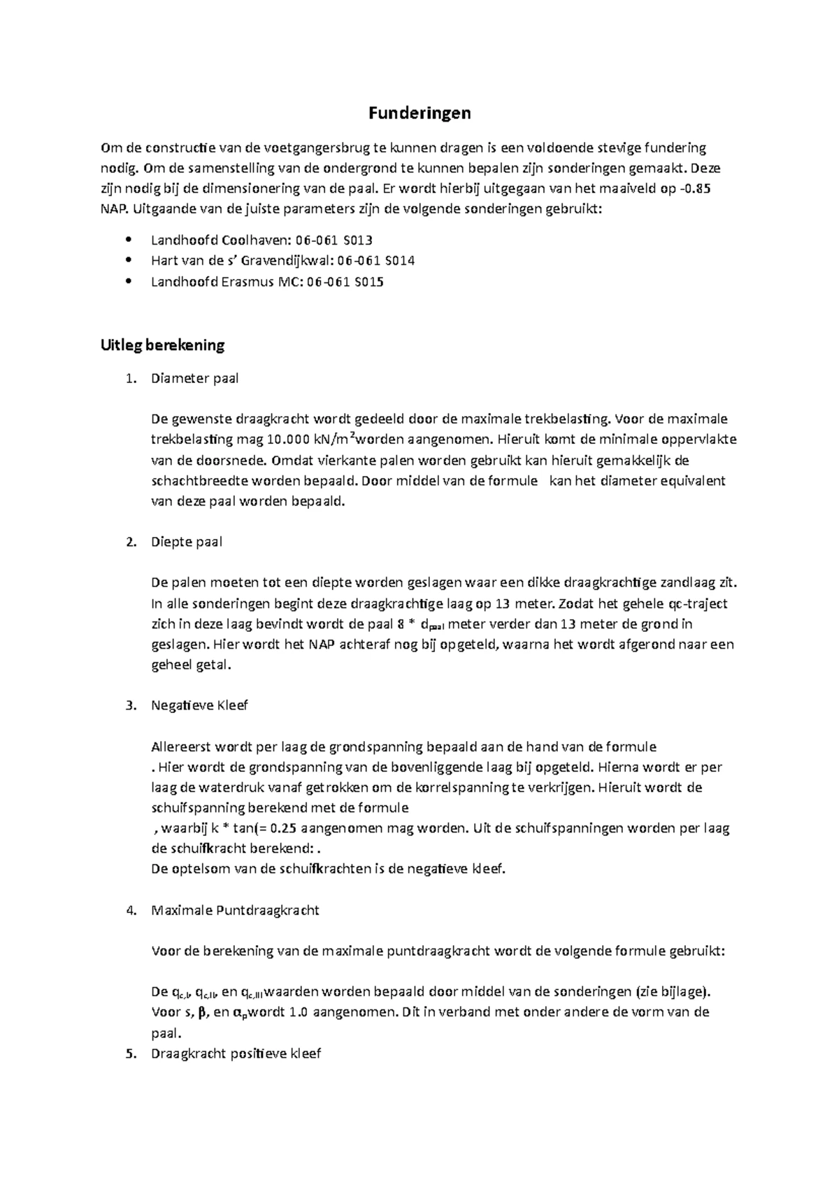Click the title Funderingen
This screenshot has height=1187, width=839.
(x=419, y=113)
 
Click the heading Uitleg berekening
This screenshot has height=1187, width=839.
(x=162, y=345)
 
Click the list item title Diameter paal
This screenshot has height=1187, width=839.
(x=194, y=379)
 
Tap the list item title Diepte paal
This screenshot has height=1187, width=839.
(x=186, y=542)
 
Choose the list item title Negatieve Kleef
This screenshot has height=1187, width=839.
(x=199, y=705)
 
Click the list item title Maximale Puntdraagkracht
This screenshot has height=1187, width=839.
(x=235, y=910)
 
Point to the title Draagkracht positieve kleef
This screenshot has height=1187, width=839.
(x=236, y=1053)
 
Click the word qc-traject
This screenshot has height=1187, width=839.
(x=694, y=603)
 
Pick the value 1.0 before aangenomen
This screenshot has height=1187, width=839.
(x=300, y=1012)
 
